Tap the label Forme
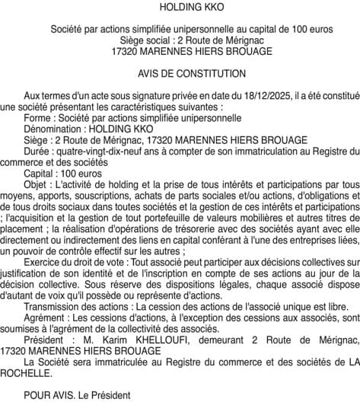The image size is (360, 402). click(39, 119)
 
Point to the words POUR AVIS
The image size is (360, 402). click(48, 395)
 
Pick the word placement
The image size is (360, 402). click(23, 228)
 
